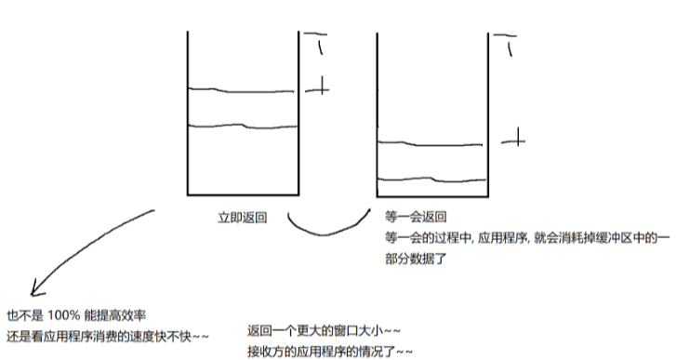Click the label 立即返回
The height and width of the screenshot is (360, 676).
tap(243, 218)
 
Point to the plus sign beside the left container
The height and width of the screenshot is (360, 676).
tap(318, 88)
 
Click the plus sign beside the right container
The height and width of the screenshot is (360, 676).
tap(513, 140)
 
